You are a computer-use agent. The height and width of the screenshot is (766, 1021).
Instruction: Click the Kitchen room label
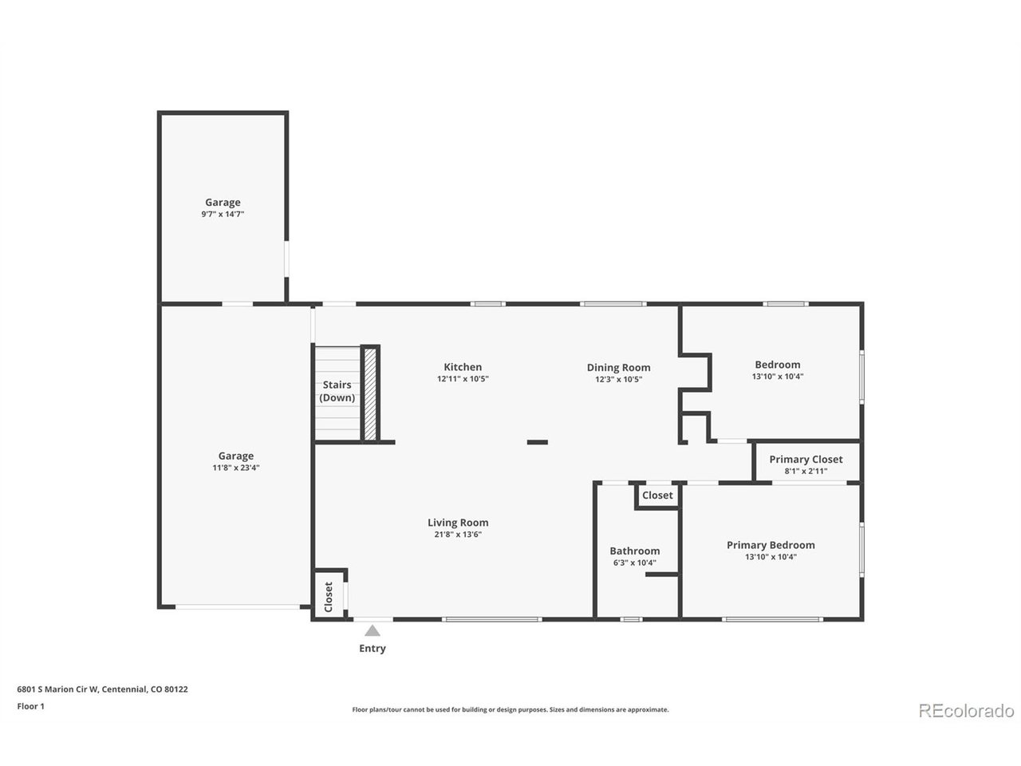463,367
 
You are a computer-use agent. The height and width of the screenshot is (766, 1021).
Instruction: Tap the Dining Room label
618,367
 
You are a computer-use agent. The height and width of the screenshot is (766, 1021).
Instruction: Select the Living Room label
458,523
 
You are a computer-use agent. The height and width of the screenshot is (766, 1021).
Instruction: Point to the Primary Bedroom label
771,545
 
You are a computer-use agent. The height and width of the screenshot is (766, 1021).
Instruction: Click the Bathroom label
634,551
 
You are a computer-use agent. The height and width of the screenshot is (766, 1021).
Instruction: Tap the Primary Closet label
806,459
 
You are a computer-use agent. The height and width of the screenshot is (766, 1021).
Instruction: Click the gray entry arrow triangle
373,630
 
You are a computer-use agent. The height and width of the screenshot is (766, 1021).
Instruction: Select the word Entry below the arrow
373,649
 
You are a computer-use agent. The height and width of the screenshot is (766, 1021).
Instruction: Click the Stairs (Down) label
337,391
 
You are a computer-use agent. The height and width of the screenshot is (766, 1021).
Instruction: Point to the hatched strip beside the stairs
370,394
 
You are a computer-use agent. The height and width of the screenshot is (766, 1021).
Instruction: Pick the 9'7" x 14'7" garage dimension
223,214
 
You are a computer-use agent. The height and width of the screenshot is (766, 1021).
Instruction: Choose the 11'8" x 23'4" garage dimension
236,468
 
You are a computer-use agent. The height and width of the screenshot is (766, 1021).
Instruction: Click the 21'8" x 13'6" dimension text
458,535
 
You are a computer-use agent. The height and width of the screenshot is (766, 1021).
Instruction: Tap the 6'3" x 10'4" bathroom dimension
634,563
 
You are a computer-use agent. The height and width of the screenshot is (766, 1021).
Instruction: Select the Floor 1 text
30,706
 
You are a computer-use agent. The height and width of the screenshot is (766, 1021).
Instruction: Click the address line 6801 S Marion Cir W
57,689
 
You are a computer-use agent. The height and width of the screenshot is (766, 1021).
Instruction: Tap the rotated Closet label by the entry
329,597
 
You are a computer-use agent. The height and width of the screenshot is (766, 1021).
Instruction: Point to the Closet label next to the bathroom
657,496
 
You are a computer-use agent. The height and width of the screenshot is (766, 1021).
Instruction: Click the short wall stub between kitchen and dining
538,442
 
